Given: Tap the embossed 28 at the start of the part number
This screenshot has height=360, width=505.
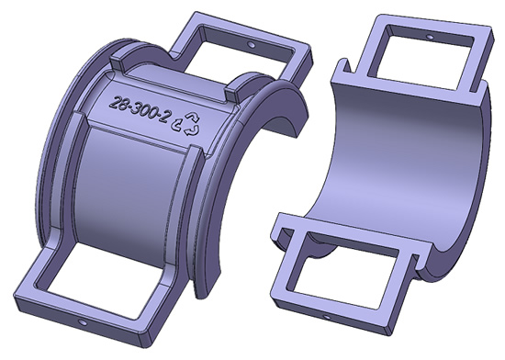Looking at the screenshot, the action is click(118, 103).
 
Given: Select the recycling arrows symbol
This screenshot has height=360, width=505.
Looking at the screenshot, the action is click(187, 123).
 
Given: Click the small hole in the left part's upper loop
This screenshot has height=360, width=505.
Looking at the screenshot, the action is click(252, 44).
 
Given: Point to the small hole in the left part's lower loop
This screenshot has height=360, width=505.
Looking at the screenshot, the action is click(82, 322).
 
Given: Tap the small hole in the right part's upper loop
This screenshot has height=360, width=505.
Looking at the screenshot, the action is click(430, 37).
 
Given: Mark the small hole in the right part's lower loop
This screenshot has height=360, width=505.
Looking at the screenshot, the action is click(326, 317).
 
